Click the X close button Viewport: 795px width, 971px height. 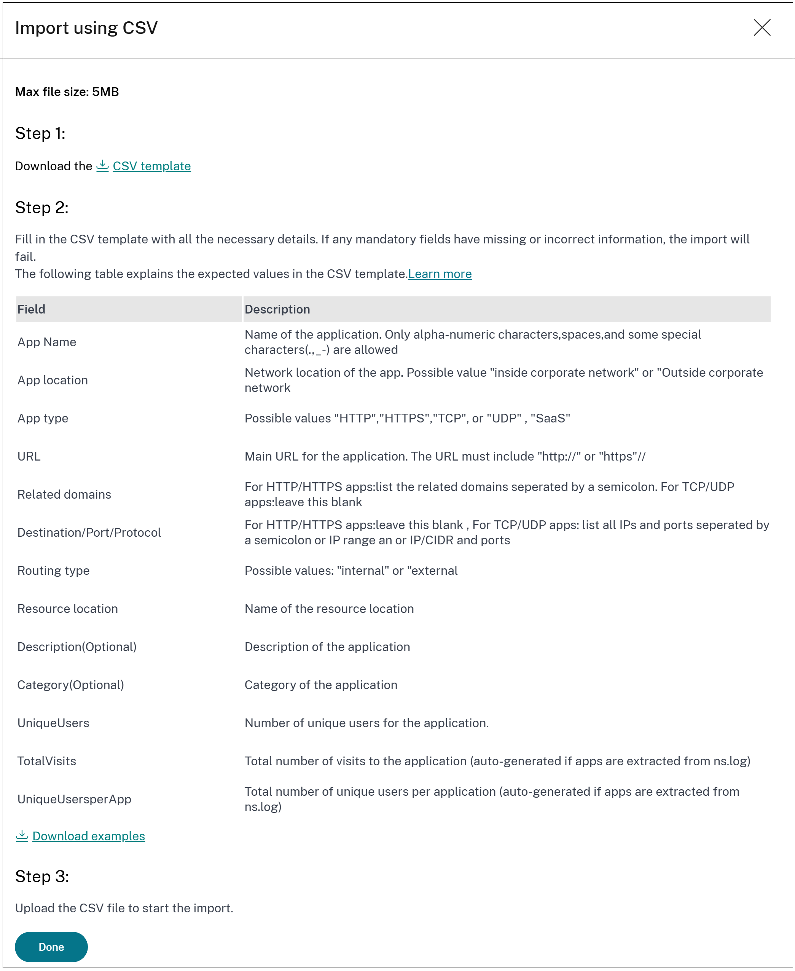pyautogui.click(x=762, y=27)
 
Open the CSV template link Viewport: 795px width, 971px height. pyautogui.click(x=151, y=166)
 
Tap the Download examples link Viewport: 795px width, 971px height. pyautogui.click(x=88, y=836)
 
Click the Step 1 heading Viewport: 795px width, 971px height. pyautogui.click(x=40, y=133)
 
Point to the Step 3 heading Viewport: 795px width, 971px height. pyautogui.click(x=42, y=876)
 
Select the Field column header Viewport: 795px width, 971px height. pyautogui.click(x=31, y=309)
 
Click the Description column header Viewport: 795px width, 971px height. pyautogui.click(x=277, y=309)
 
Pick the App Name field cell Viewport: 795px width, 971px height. pyautogui.click(x=47, y=342)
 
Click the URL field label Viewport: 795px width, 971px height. pyautogui.click(x=29, y=456)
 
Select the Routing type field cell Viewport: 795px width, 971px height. pyautogui.click(x=54, y=570)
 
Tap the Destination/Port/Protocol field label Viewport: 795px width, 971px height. pyautogui.click(x=89, y=532)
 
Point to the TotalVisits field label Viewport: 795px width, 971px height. pyautogui.click(x=47, y=761)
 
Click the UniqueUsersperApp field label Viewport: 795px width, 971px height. pyautogui.click(x=74, y=799)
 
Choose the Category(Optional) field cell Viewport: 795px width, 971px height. pyautogui.click(x=70, y=685)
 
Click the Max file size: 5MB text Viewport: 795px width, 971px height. pyautogui.click(x=67, y=92)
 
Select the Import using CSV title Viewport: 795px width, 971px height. pyautogui.click(x=86, y=28)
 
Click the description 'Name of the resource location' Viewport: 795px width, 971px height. pyautogui.click(x=329, y=608)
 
